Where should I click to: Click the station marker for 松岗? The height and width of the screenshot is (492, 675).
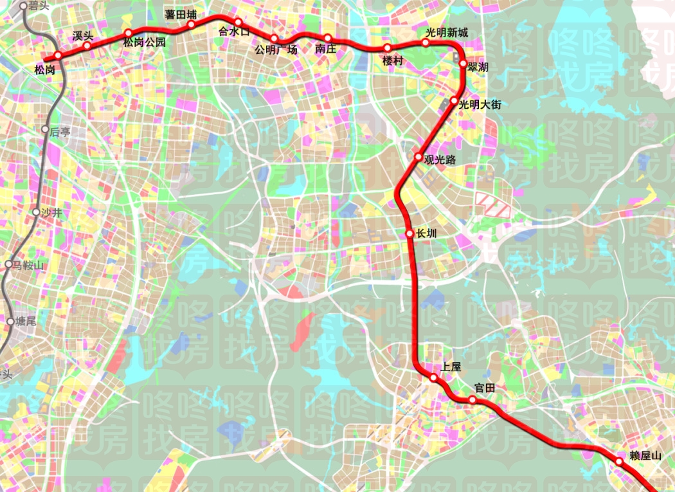point(58,55)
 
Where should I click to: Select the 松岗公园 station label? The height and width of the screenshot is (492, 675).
point(145,43)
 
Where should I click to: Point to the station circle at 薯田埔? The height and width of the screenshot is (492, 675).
point(191,25)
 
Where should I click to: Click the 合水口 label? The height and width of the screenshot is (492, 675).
point(233,31)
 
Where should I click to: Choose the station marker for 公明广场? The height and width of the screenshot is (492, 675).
point(274,39)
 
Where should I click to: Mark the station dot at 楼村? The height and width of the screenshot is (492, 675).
point(387,48)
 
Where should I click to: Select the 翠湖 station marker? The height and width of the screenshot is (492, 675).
point(463,63)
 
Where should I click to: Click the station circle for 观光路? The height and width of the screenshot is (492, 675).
point(418,157)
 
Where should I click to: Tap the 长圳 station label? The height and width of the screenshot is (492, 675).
point(427,234)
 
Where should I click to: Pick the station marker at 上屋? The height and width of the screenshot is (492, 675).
point(435,378)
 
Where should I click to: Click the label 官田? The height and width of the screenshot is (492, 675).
point(485,388)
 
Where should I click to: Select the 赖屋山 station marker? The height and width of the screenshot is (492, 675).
point(619,461)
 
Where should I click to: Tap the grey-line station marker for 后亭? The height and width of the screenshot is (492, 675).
point(44,129)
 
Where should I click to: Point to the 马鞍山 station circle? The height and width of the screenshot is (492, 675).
point(8,264)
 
